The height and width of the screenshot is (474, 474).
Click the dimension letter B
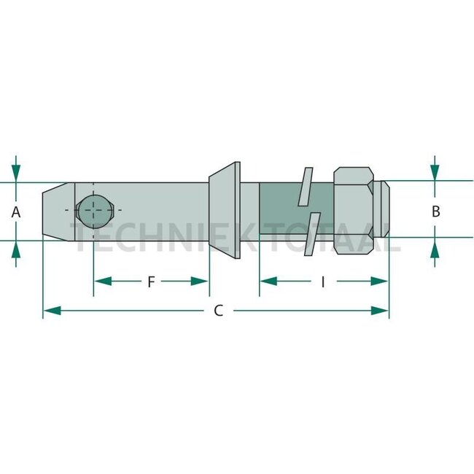[x=435, y=211]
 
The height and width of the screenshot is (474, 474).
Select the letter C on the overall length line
[x=218, y=311]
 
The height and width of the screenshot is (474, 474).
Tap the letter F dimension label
[x=151, y=281]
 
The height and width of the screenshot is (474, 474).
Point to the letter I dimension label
[x=323, y=281]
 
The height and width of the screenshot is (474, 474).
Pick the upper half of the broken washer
[x=305, y=187]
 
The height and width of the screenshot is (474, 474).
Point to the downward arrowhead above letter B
[x=435, y=172]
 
